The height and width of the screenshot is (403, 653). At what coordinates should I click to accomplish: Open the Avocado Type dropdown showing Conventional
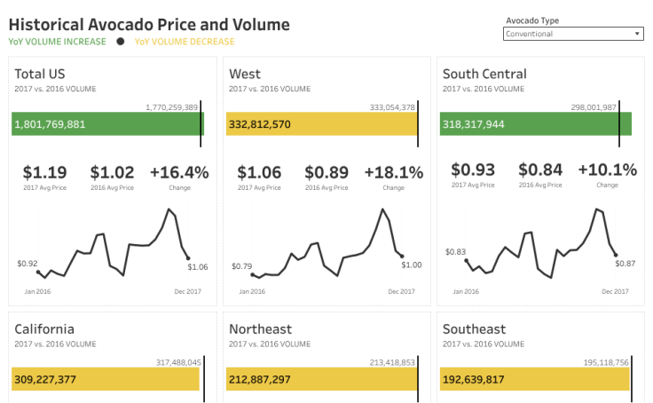click(573, 34)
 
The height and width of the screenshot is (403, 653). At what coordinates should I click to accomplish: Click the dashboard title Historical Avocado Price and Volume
click(149, 24)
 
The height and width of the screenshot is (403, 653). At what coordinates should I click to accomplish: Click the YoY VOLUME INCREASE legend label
click(57, 42)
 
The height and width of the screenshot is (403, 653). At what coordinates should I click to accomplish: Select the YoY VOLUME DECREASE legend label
click(185, 42)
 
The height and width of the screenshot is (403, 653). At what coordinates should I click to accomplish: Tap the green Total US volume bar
click(106, 123)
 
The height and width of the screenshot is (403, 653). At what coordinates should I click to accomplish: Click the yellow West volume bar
click(321, 123)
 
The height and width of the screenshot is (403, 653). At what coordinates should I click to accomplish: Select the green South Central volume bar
click(535, 123)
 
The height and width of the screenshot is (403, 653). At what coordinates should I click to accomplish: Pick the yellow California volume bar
click(105, 379)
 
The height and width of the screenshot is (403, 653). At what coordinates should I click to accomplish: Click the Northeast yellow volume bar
click(321, 379)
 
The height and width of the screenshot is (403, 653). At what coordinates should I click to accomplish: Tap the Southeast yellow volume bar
click(534, 379)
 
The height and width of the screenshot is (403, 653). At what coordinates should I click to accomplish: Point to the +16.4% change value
click(179, 172)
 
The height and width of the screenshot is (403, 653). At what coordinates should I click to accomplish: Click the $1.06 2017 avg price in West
click(257, 172)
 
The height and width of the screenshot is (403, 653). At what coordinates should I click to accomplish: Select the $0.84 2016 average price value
click(539, 170)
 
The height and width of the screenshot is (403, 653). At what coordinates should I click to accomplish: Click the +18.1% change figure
click(393, 172)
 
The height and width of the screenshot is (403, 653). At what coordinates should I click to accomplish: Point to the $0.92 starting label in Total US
click(28, 264)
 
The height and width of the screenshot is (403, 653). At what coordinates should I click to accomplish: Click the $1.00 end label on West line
click(412, 265)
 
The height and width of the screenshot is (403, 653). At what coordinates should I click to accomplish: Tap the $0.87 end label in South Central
click(625, 264)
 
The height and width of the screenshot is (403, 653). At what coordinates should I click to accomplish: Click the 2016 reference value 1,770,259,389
click(172, 107)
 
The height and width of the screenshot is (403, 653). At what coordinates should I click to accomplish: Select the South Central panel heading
click(484, 74)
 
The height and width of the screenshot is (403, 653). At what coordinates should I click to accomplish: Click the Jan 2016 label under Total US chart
click(37, 291)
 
